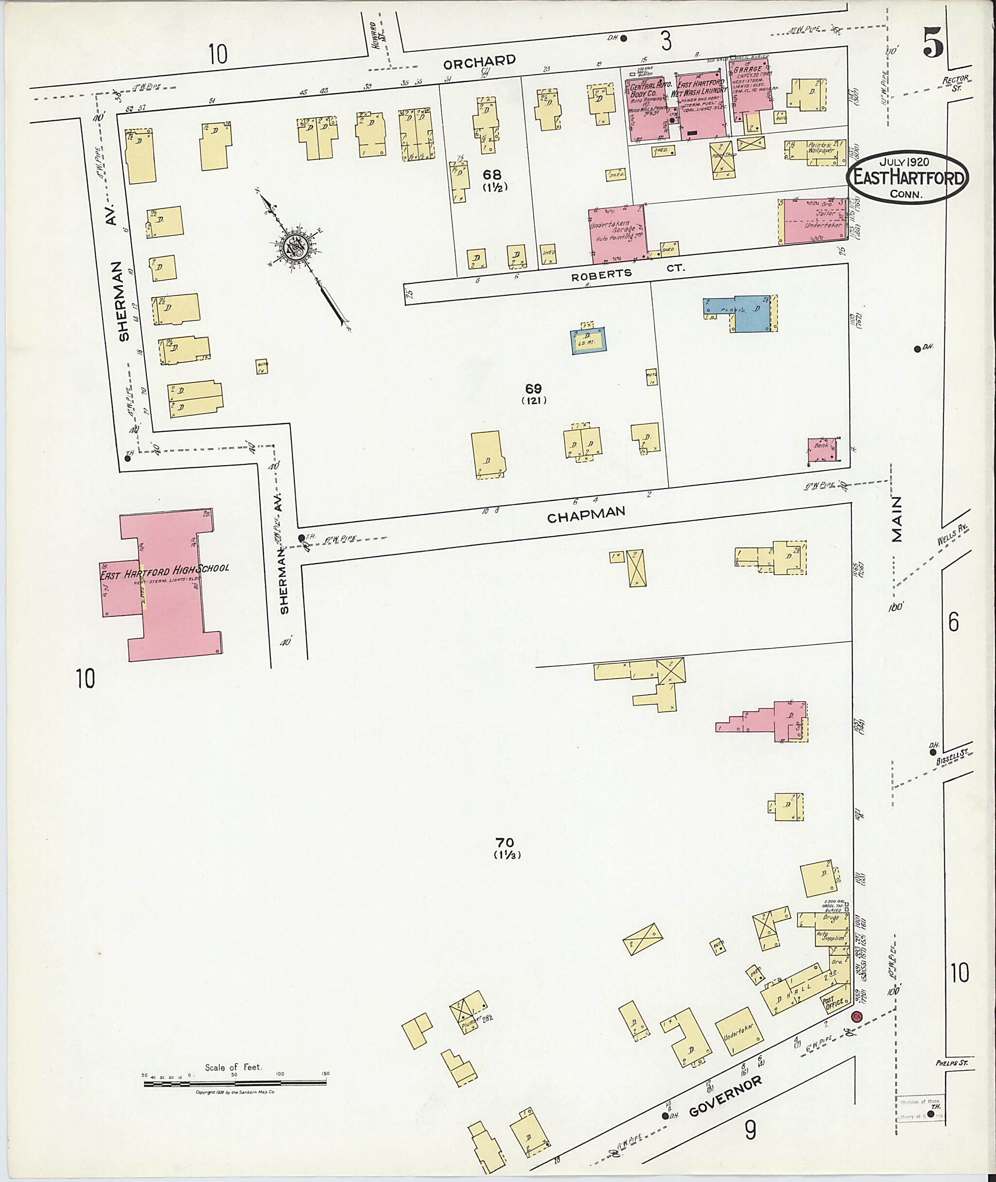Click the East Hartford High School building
coord(169,588)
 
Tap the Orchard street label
coord(480,61)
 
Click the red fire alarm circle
coord(856,1017)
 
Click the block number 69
coord(533,389)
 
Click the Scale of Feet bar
coord(235,1083)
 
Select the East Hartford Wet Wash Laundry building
coord(702,106)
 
